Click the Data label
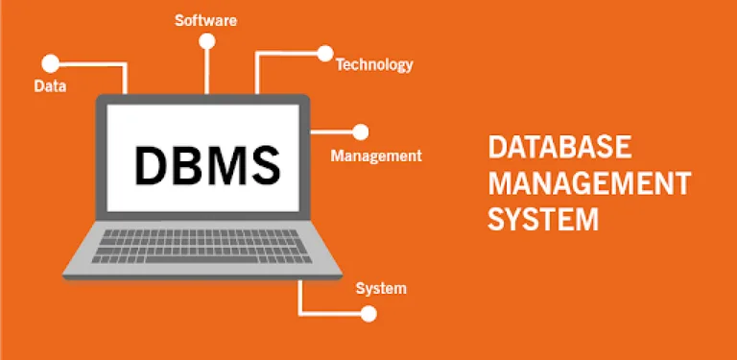pos(49,86)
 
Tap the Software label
pos(206,19)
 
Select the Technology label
pos(374,65)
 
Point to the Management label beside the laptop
pos(375,155)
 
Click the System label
pos(381,288)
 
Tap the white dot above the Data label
pos(51,63)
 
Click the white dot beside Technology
pos(324,53)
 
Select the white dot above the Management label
pos(361,132)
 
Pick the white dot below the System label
pos(369,313)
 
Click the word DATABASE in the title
pos(559,148)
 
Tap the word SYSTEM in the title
pos(543,218)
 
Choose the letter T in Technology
pos(340,65)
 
